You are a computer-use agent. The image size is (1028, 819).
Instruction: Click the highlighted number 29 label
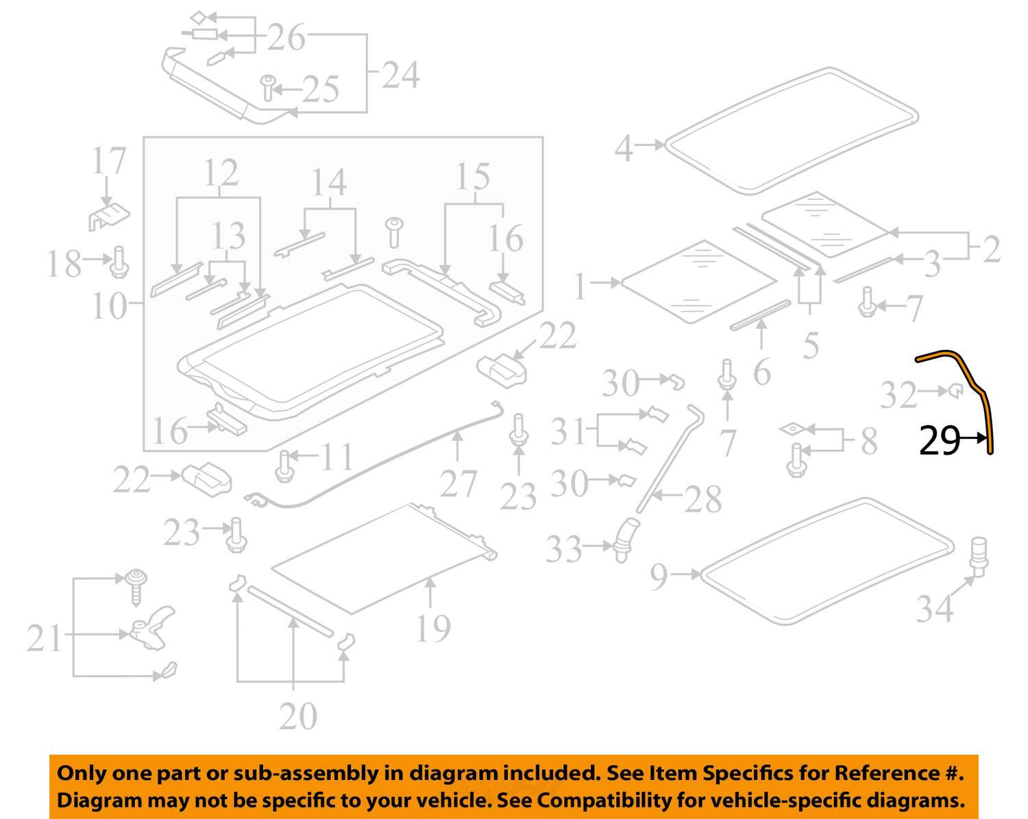939,440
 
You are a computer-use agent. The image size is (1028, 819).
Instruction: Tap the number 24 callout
400,75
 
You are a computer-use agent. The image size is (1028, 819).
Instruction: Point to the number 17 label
109,162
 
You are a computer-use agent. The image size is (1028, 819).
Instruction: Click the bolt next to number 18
119,262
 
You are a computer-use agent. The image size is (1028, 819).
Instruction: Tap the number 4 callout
623,147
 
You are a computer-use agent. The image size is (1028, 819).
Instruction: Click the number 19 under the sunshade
432,629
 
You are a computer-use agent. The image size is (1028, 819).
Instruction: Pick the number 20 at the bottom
297,716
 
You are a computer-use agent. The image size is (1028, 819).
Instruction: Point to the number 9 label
659,577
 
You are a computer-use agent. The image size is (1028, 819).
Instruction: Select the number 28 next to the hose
702,500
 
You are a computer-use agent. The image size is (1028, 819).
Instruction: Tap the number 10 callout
108,306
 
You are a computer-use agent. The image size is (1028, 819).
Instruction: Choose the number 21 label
45,638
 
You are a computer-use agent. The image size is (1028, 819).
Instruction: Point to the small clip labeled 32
955,391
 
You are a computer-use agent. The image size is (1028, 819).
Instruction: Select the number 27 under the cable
458,485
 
